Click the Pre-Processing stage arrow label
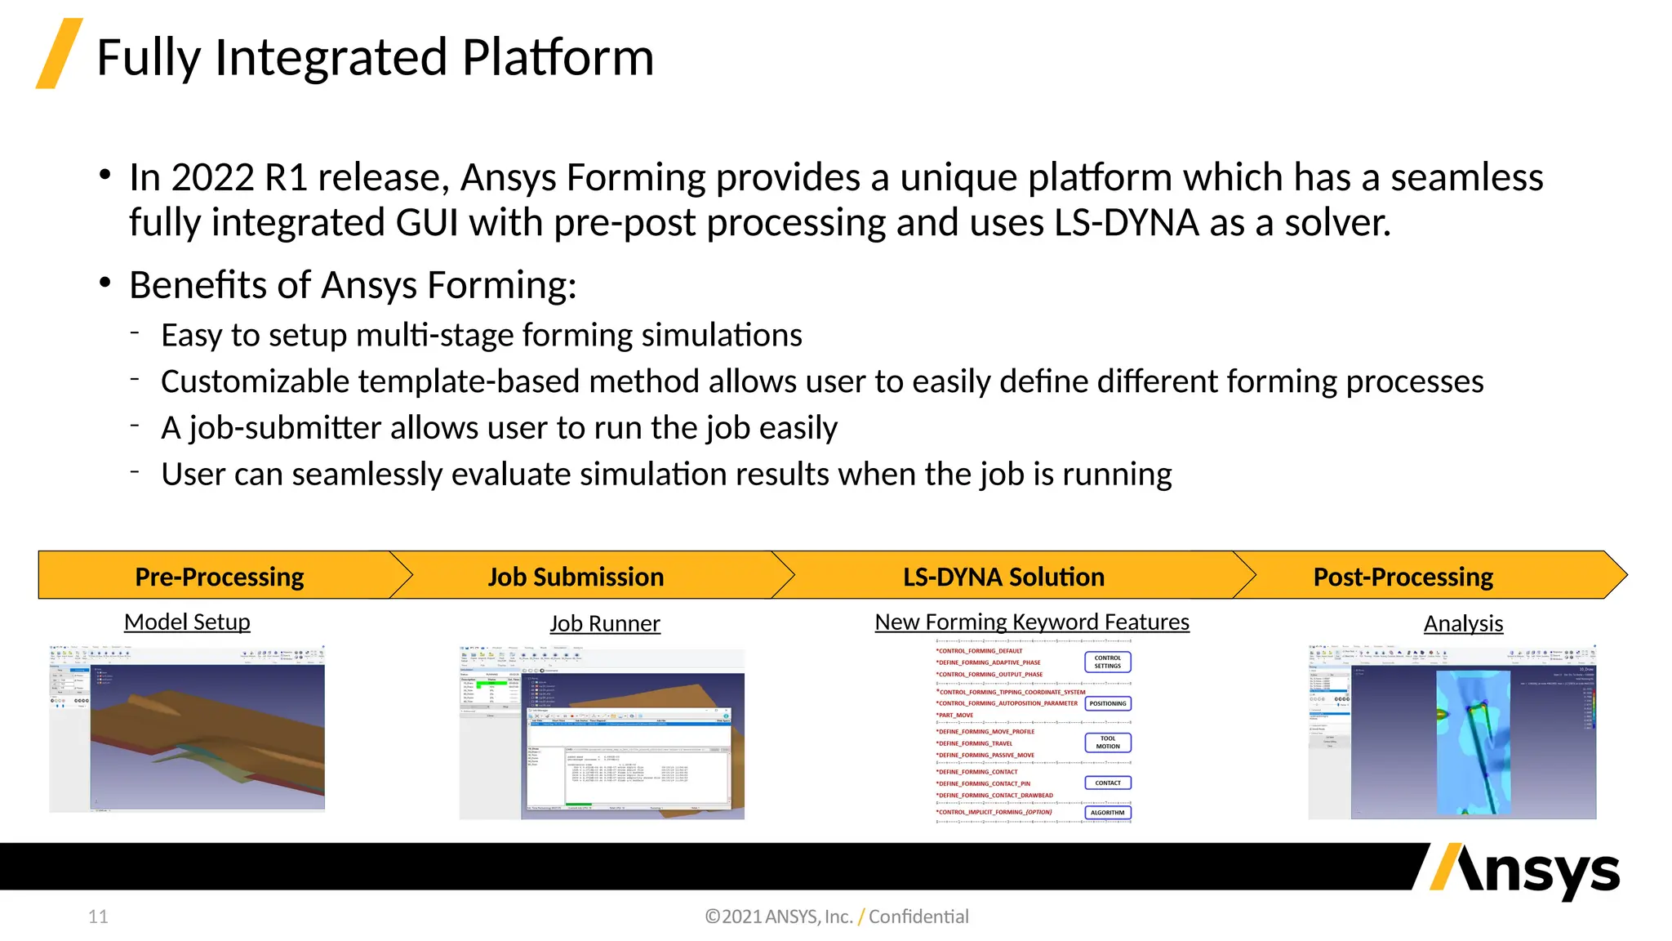coord(219,577)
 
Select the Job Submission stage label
coord(576,577)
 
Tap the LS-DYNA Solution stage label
coord(1003,577)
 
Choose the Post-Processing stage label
coord(1403,577)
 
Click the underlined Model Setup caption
coord(187,622)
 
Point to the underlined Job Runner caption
coord(604,623)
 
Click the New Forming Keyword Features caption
coord(1032,622)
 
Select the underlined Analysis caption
coord(1463,623)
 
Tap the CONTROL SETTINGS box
coord(1107,662)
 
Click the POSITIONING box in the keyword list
coord(1107,703)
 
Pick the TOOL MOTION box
coord(1107,743)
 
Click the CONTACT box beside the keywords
coord(1107,783)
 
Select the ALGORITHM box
coord(1107,813)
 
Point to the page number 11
coord(98,916)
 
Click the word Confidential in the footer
coord(918,916)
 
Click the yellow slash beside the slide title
coord(59,53)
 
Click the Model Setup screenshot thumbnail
coord(188,729)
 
